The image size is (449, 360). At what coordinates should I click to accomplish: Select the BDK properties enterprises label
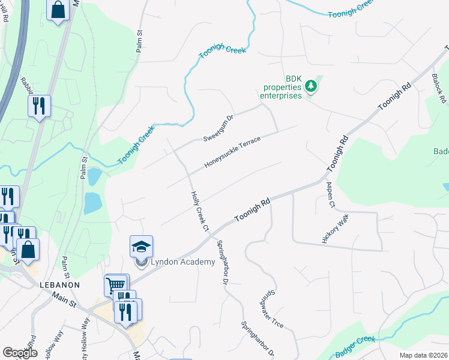click(280, 88)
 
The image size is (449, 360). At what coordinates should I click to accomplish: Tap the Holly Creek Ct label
click(199, 211)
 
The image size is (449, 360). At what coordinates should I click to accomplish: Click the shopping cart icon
click(115, 284)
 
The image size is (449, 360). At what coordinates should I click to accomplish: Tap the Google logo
click(20, 353)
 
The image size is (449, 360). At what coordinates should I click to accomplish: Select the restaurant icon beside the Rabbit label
click(39, 106)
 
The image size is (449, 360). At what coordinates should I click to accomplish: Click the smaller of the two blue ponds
click(94, 176)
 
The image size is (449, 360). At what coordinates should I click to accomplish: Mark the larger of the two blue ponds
click(93, 203)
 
